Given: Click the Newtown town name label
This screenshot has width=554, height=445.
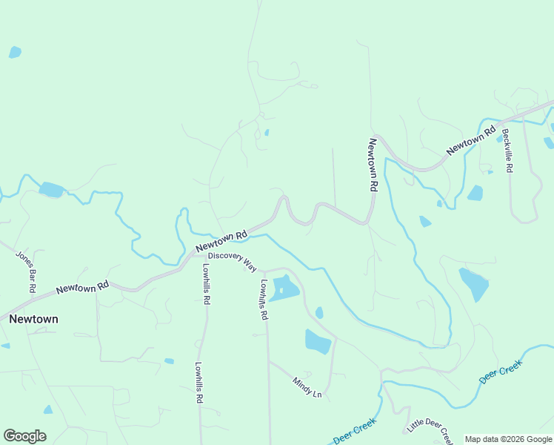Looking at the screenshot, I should [33, 319].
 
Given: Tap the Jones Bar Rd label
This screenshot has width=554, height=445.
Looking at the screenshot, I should [27, 271].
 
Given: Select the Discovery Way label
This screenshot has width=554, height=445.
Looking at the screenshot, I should [232, 260].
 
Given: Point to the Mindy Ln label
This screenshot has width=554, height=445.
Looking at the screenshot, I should [307, 387].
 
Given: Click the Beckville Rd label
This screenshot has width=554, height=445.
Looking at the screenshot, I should [507, 151].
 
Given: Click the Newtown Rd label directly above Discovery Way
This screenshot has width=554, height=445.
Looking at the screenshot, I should [221, 240].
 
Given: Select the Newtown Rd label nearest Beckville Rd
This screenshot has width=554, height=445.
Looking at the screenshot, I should [471, 142].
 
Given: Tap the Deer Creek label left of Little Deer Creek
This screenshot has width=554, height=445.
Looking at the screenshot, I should [355, 432].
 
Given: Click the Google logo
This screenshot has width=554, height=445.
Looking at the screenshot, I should [24, 436].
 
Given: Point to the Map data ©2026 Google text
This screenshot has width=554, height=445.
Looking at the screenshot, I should [508, 439].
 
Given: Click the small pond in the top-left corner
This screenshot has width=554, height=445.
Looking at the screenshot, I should [15, 52].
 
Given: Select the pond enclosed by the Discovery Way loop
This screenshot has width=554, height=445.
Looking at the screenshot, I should [283, 288].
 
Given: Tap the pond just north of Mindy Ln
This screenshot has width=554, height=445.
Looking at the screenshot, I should [317, 341].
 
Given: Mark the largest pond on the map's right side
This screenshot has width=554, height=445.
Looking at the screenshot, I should [474, 284].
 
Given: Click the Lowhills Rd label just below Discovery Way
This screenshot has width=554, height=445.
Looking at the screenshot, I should [263, 300].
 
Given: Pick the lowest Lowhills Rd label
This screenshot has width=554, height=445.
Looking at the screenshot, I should [198, 382].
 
